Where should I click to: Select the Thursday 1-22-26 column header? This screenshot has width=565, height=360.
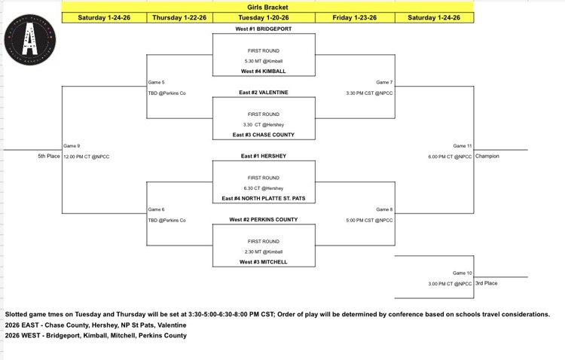pyautogui.click(x=179, y=17)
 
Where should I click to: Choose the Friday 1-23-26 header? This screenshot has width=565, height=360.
pyautogui.click(x=354, y=17)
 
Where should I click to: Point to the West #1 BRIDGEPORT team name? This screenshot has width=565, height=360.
pyautogui.click(x=264, y=29)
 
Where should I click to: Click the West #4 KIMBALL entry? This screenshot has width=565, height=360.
pyautogui.click(x=264, y=72)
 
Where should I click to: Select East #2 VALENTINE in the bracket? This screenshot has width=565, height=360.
pyautogui.click(x=264, y=93)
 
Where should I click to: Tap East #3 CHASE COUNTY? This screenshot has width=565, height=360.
pyautogui.click(x=264, y=135)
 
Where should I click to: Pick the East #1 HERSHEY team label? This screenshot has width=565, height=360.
pyautogui.click(x=264, y=156)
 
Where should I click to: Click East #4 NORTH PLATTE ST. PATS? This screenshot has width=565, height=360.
pyautogui.click(x=264, y=198)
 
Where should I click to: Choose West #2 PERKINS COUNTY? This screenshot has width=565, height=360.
pyautogui.click(x=264, y=219)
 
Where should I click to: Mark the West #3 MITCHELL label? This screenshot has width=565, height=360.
pyautogui.click(x=264, y=262)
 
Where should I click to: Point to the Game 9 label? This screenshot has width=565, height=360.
pyautogui.click(x=71, y=145)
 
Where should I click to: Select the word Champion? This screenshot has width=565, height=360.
pyautogui.click(x=487, y=156)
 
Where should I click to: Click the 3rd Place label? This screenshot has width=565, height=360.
pyautogui.click(x=486, y=283)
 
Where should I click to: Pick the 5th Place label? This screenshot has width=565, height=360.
pyautogui.click(x=48, y=156)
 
